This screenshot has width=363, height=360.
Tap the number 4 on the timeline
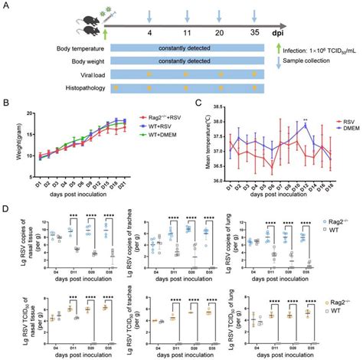[x=150, y=34]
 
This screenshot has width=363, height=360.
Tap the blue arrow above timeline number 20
[x=221, y=15]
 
